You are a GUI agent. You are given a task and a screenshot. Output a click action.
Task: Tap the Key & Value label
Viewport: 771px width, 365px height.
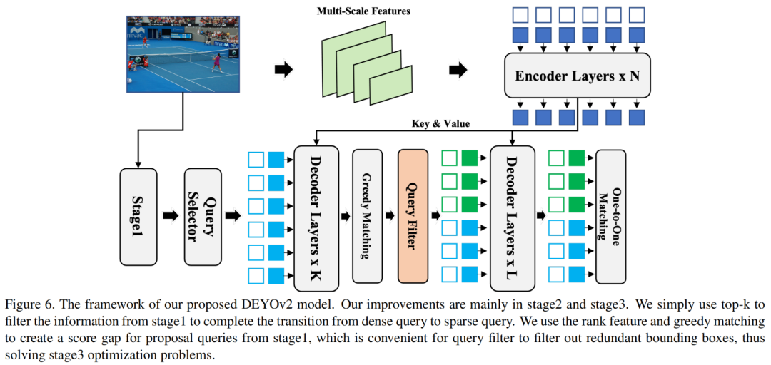coord(435,123)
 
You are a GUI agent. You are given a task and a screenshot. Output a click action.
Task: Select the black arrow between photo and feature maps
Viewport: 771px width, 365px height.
coord(283,69)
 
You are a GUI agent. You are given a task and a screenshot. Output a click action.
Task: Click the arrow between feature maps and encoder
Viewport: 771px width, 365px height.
coord(458,70)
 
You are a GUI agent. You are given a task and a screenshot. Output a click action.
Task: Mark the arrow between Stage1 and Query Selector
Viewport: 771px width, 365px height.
coord(171,215)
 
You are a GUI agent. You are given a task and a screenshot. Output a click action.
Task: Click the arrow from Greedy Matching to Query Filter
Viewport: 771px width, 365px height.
coord(388,215)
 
